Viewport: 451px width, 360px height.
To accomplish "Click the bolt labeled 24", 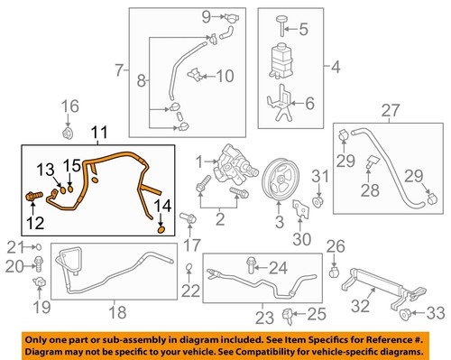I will click(x=248, y=265).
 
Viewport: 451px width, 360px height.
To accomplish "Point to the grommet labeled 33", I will click(x=404, y=313).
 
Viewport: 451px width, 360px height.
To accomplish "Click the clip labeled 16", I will click(x=68, y=134).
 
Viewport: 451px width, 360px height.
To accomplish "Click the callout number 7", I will click(x=119, y=68).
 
